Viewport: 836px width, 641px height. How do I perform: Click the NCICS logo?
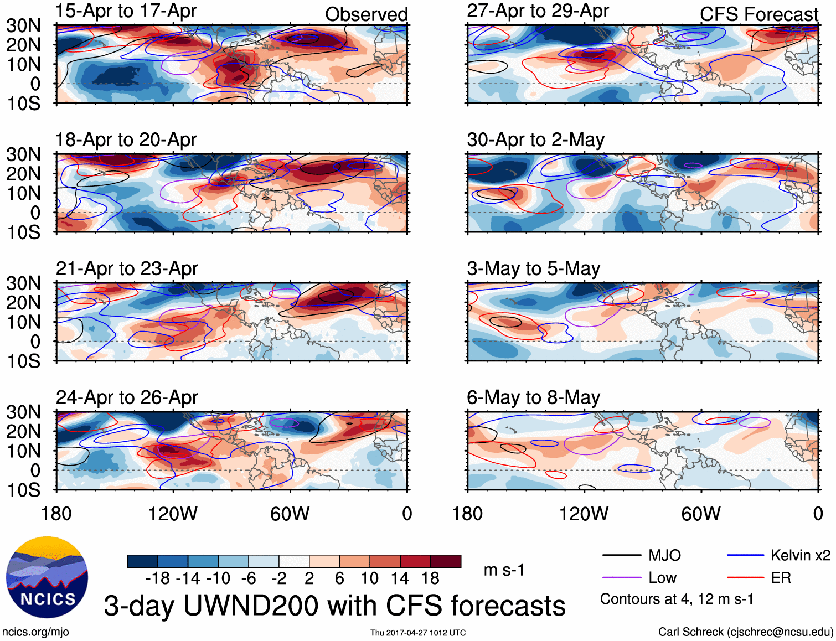tap(47, 577)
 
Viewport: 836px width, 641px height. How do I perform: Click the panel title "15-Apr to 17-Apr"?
tap(126, 11)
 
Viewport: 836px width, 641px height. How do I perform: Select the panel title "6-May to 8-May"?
tap(533, 397)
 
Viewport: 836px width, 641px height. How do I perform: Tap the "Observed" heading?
tap(366, 14)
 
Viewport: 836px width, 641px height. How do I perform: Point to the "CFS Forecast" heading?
tap(758, 14)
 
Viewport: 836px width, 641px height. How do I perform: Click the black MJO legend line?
tap(621, 555)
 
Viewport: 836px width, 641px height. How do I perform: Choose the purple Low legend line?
tap(621, 578)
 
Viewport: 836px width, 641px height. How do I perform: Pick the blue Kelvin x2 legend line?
tap(745, 555)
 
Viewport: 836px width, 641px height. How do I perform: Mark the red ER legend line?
tap(745, 578)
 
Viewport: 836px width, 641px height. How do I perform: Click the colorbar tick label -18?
tap(157, 578)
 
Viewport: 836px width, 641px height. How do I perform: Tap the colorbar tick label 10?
tap(369, 578)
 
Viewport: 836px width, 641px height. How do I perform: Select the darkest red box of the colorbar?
tap(446, 561)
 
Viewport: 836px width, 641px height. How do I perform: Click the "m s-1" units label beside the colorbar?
tap(504, 570)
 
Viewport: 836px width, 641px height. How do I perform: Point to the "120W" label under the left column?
tap(173, 514)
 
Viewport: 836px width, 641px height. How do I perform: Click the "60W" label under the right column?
tap(701, 514)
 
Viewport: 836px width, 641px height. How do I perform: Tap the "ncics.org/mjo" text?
tap(35, 632)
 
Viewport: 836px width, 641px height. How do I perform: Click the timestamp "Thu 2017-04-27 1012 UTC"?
tap(418, 633)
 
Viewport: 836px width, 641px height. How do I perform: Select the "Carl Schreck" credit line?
tap(745, 632)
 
